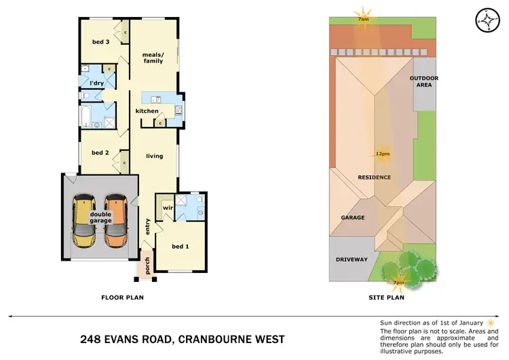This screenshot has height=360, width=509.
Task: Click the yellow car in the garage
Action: (85, 221)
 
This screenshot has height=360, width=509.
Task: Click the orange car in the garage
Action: (115, 221)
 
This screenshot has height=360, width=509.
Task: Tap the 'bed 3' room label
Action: (101, 42)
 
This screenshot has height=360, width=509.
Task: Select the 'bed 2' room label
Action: (100, 153)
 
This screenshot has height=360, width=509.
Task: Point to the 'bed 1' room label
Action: (180, 246)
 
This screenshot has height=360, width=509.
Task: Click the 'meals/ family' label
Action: (153, 58)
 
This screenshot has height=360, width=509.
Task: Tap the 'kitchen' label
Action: (147, 111)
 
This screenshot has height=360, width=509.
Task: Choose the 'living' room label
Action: (155, 156)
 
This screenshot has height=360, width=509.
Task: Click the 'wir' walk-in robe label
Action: (165, 207)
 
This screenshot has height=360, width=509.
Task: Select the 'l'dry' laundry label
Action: (96, 83)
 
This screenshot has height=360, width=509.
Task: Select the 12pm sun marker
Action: (383, 154)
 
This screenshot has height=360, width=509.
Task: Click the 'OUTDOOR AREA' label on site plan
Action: (424, 82)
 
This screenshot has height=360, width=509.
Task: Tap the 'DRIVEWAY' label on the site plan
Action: (352, 259)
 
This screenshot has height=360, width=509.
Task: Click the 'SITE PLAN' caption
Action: (385, 298)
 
